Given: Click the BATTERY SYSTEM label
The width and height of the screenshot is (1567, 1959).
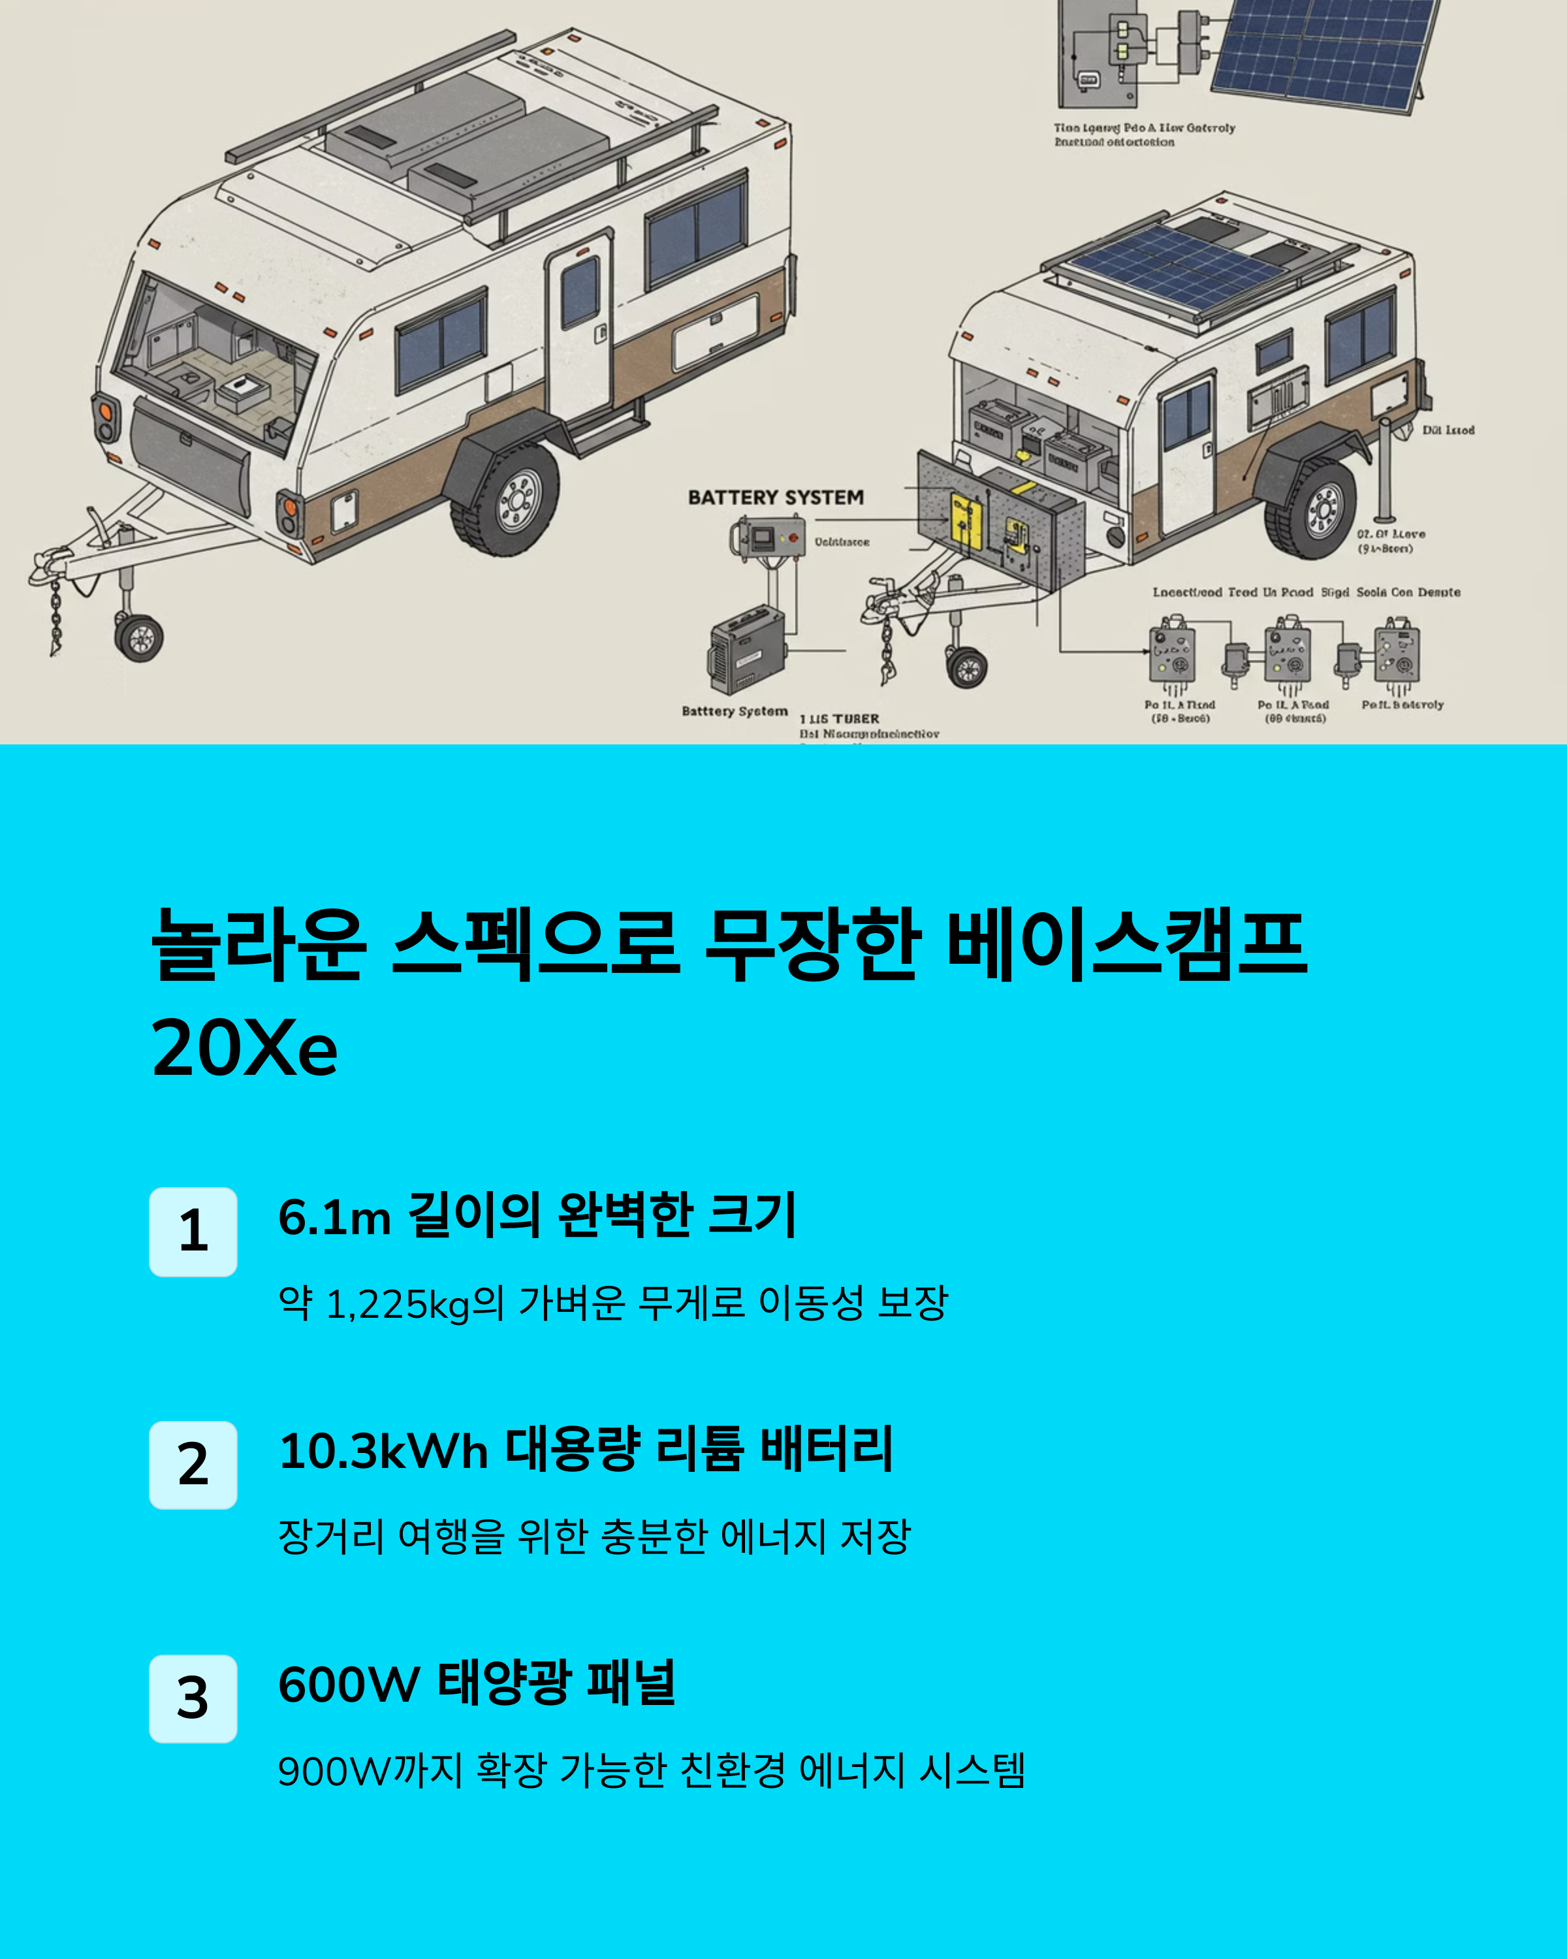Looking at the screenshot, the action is [x=776, y=498].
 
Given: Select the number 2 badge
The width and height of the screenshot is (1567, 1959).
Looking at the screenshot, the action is [x=193, y=1465].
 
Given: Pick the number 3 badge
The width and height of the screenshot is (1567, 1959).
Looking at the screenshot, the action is [x=193, y=1698].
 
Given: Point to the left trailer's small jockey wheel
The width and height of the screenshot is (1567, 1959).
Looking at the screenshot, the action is [x=140, y=637].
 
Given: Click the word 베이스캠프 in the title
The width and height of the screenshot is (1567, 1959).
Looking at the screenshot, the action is [x=1126, y=945].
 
